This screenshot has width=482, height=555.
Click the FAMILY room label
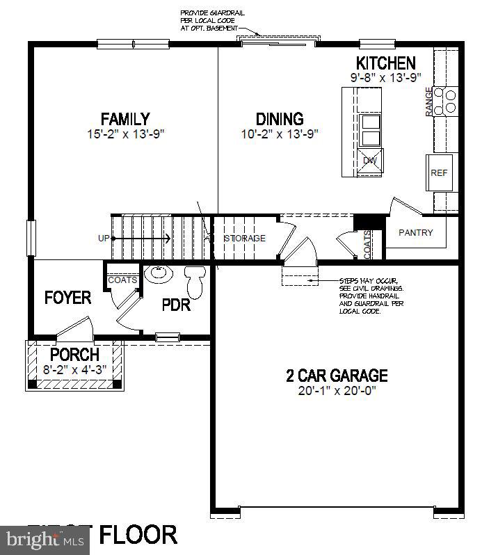tap(124, 119)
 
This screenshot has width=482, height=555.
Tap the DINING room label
tap(279, 119)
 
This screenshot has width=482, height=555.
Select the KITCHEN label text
tap(386, 63)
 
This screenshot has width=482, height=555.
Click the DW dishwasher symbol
tap(370, 160)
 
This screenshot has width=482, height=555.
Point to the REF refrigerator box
tap(439, 173)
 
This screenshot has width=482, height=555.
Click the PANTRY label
tap(415, 233)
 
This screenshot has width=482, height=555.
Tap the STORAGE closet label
tap(246, 239)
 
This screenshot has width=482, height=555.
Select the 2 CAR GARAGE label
tap(337, 376)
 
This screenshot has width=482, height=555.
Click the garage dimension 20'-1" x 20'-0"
tap(337, 392)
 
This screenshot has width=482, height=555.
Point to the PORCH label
tap(74, 355)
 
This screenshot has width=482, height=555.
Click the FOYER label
tap(67, 298)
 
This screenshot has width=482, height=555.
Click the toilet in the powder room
tap(195, 280)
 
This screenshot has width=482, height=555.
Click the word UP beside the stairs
tap(104, 239)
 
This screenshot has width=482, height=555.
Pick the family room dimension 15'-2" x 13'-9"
tap(124, 134)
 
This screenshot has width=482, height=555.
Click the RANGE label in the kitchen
tap(428, 102)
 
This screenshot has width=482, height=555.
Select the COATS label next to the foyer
tap(122, 280)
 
